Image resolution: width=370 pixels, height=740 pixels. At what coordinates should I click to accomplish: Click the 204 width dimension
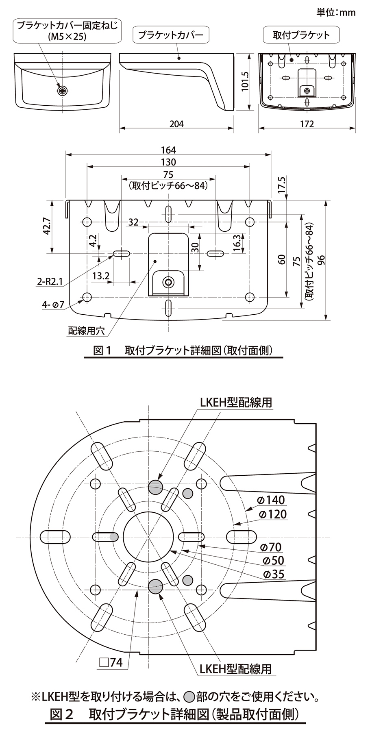click(x=176, y=124)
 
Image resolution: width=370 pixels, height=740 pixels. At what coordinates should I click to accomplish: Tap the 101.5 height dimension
click(x=245, y=82)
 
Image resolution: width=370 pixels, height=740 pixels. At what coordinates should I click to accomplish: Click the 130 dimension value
click(x=168, y=162)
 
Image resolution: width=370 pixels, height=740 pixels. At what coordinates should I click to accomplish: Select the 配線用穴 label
click(x=86, y=331)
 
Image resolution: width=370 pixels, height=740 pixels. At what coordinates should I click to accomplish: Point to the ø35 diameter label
click(x=274, y=574)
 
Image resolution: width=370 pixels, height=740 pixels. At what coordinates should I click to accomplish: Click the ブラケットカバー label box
click(x=171, y=35)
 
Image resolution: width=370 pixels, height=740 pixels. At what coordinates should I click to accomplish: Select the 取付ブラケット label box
click(x=301, y=35)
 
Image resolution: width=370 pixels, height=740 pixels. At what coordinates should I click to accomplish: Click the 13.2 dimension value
click(x=100, y=276)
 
